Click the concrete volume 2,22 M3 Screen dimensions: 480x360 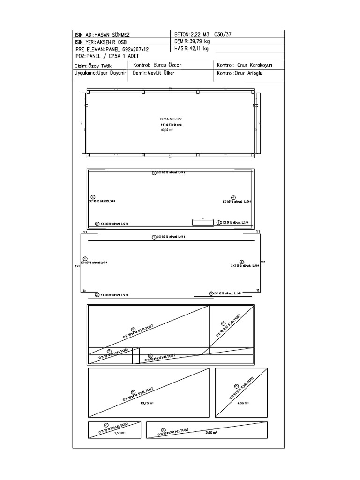201,35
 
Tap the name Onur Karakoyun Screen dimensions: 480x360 254,65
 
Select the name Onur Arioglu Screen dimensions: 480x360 252,73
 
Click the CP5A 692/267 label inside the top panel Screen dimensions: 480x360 171,119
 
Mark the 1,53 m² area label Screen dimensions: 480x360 120,433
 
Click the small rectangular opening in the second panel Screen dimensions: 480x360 203,221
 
